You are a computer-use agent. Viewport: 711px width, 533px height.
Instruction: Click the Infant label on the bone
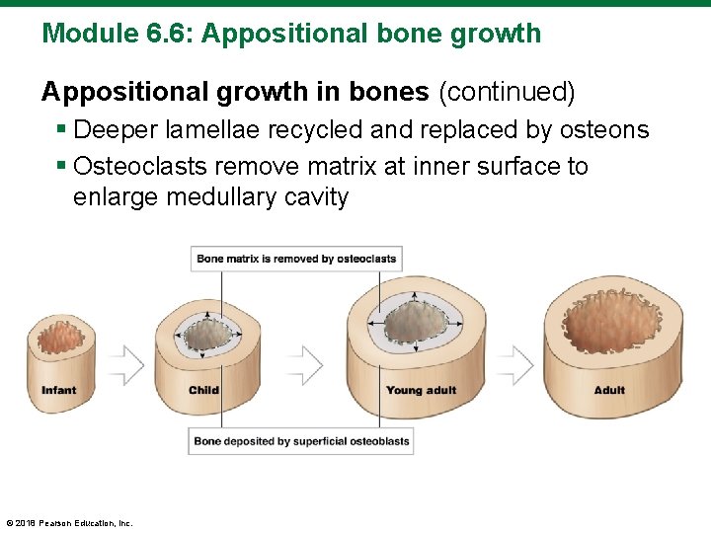click(x=58, y=391)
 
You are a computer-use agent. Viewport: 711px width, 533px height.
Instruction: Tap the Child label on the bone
click(x=203, y=390)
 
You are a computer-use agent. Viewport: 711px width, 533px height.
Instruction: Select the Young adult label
click(x=421, y=391)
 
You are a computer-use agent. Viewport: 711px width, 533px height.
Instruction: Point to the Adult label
click(x=609, y=391)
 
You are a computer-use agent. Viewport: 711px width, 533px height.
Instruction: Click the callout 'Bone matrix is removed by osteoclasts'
click(x=296, y=259)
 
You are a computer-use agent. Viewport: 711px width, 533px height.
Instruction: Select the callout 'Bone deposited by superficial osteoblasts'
click(x=301, y=441)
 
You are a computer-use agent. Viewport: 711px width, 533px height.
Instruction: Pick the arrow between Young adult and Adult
click(x=514, y=365)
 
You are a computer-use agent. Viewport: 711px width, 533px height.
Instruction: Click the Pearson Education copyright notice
click(x=69, y=523)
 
